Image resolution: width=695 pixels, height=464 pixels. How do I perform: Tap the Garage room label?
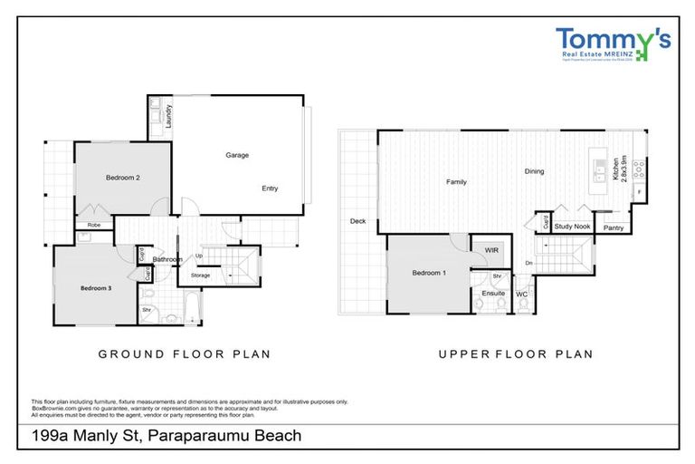pos(237,155)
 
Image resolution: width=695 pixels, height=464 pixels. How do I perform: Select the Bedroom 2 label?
pos(124,178)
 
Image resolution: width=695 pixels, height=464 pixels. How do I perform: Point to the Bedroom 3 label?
pos(95,288)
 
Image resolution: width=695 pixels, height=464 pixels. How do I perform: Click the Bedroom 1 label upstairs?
pos(428,273)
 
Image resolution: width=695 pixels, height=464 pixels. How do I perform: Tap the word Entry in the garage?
pos(270,188)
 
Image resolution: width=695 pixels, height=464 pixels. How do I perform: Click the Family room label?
pos(456,182)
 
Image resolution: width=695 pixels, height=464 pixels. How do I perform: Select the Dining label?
pos(534,171)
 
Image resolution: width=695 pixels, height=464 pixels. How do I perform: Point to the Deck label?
pos(357,221)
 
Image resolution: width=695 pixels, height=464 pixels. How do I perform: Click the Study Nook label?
pos(571,227)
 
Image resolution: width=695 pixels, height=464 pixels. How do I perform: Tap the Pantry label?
pos(613,227)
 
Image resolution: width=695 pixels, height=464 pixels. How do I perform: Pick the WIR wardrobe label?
pos(491,250)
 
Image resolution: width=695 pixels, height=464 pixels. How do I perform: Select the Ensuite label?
pos(493,293)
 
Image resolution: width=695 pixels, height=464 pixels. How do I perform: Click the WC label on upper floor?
pos(521,294)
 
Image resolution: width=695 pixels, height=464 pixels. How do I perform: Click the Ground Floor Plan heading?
pos(184,353)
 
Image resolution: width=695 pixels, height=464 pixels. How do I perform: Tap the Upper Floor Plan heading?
pos(516,353)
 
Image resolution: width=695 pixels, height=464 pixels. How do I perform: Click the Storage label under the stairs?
pos(200,275)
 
